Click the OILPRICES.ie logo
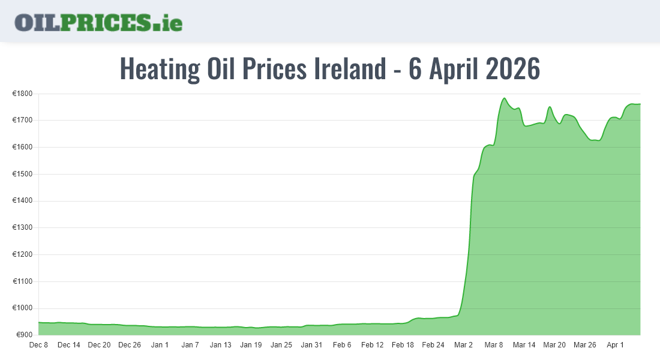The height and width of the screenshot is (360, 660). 98,22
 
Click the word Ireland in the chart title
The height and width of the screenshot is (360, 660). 350,69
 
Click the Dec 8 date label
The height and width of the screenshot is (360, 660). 38,345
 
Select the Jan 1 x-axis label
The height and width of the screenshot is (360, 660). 160,345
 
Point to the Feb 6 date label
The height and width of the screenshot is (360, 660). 342,345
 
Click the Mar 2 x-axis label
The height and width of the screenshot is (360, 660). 463,345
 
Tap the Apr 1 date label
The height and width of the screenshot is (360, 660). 615,345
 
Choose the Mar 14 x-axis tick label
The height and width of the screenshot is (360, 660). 524,345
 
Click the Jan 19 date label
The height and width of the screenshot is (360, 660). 251,345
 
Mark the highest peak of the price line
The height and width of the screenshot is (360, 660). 505,98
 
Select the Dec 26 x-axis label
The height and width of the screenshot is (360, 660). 130,345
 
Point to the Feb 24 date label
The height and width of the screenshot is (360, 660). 433,345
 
